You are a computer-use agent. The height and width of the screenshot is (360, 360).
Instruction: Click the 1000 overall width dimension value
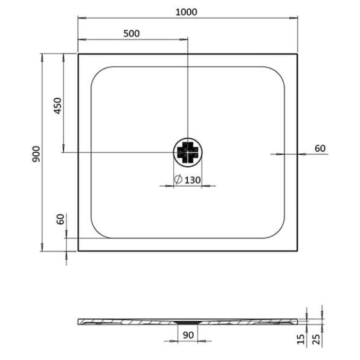coord(186,11)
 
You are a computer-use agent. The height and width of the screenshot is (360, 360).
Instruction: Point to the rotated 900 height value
coord(35,153)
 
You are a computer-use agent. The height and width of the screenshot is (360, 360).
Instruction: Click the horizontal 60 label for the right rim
coord(319,149)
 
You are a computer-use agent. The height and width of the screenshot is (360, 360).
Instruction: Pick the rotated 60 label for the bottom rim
coord(60,219)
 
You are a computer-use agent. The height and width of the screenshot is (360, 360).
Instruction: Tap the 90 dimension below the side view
coord(188,335)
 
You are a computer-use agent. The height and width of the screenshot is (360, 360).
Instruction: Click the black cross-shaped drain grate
coord(188,152)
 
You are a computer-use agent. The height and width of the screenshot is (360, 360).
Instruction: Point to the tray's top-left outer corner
coord(78,53)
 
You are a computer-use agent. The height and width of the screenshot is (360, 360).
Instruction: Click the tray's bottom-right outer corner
coord(297,251)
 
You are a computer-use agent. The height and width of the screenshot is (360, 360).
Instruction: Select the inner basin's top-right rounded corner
coord(277,74)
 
